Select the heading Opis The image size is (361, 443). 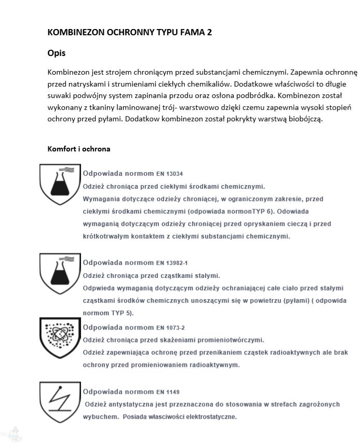click(57, 53)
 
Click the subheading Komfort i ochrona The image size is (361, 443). click(78, 149)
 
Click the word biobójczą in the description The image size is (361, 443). click(306, 119)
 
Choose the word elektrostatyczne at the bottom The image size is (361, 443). click(207, 417)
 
